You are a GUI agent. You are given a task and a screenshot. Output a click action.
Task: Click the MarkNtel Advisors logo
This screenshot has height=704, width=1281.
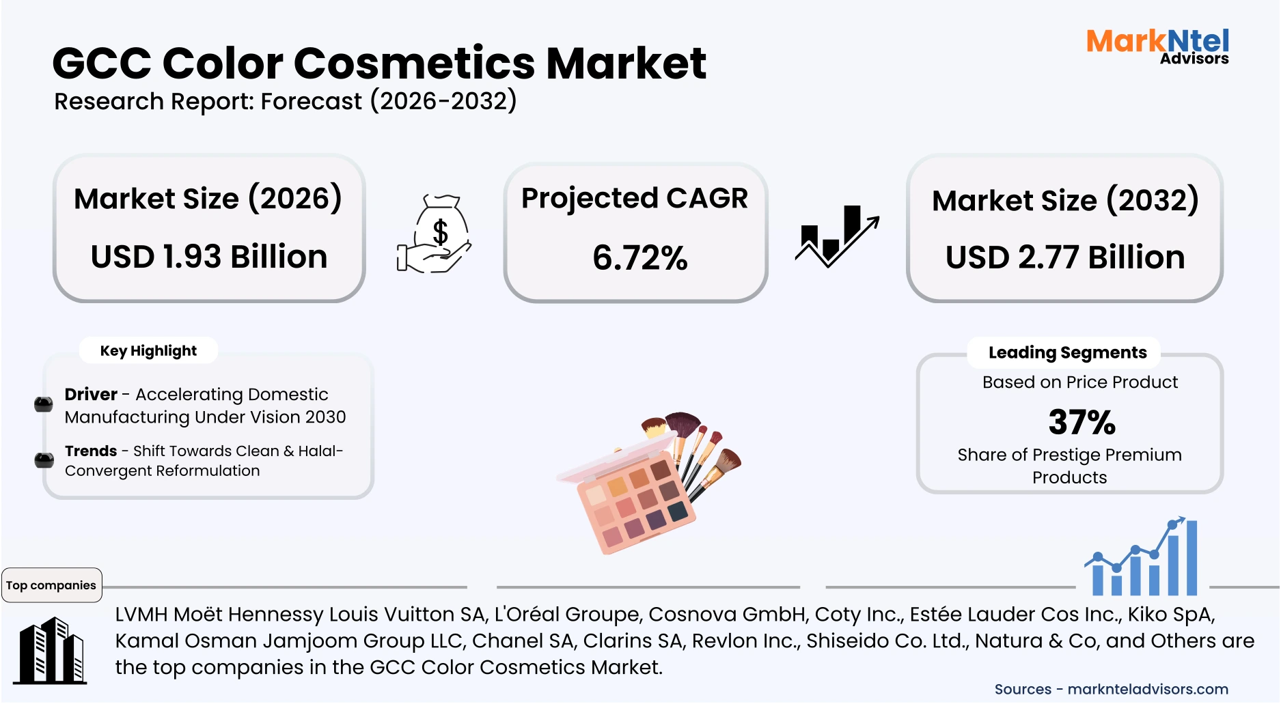(x=1157, y=46)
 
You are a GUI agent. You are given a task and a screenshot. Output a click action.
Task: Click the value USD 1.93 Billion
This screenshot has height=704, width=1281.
(x=209, y=257)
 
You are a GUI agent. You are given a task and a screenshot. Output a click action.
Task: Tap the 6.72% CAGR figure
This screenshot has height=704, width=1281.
(x=639, y=258)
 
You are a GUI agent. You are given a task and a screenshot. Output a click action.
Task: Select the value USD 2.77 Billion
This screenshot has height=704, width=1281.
(x=1064, y=258)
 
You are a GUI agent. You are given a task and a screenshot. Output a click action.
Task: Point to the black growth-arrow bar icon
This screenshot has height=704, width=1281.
(x=837, y=236)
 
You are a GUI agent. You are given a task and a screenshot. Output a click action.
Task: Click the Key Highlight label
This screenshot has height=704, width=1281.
(x=148, y=351)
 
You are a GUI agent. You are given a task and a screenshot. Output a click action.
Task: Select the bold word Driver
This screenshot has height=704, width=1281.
(x=91, y=395)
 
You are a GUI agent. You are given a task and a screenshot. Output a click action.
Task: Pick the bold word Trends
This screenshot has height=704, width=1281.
(x=91, y=451)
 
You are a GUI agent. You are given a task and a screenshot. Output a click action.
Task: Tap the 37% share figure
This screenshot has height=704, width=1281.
(x=1082, y=422)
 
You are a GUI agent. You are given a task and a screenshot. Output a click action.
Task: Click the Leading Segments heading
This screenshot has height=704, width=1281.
(x=1067, y=353)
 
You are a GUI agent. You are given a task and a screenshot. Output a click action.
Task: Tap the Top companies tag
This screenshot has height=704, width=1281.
(x=51, y=585)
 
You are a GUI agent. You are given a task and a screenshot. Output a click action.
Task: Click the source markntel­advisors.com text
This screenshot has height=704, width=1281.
(x=1147, y=690)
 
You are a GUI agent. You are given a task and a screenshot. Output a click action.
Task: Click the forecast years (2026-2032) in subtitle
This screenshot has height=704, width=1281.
(x=443, y=102)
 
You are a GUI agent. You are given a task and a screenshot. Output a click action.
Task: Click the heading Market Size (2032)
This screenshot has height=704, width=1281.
(x=1064, y=201)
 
